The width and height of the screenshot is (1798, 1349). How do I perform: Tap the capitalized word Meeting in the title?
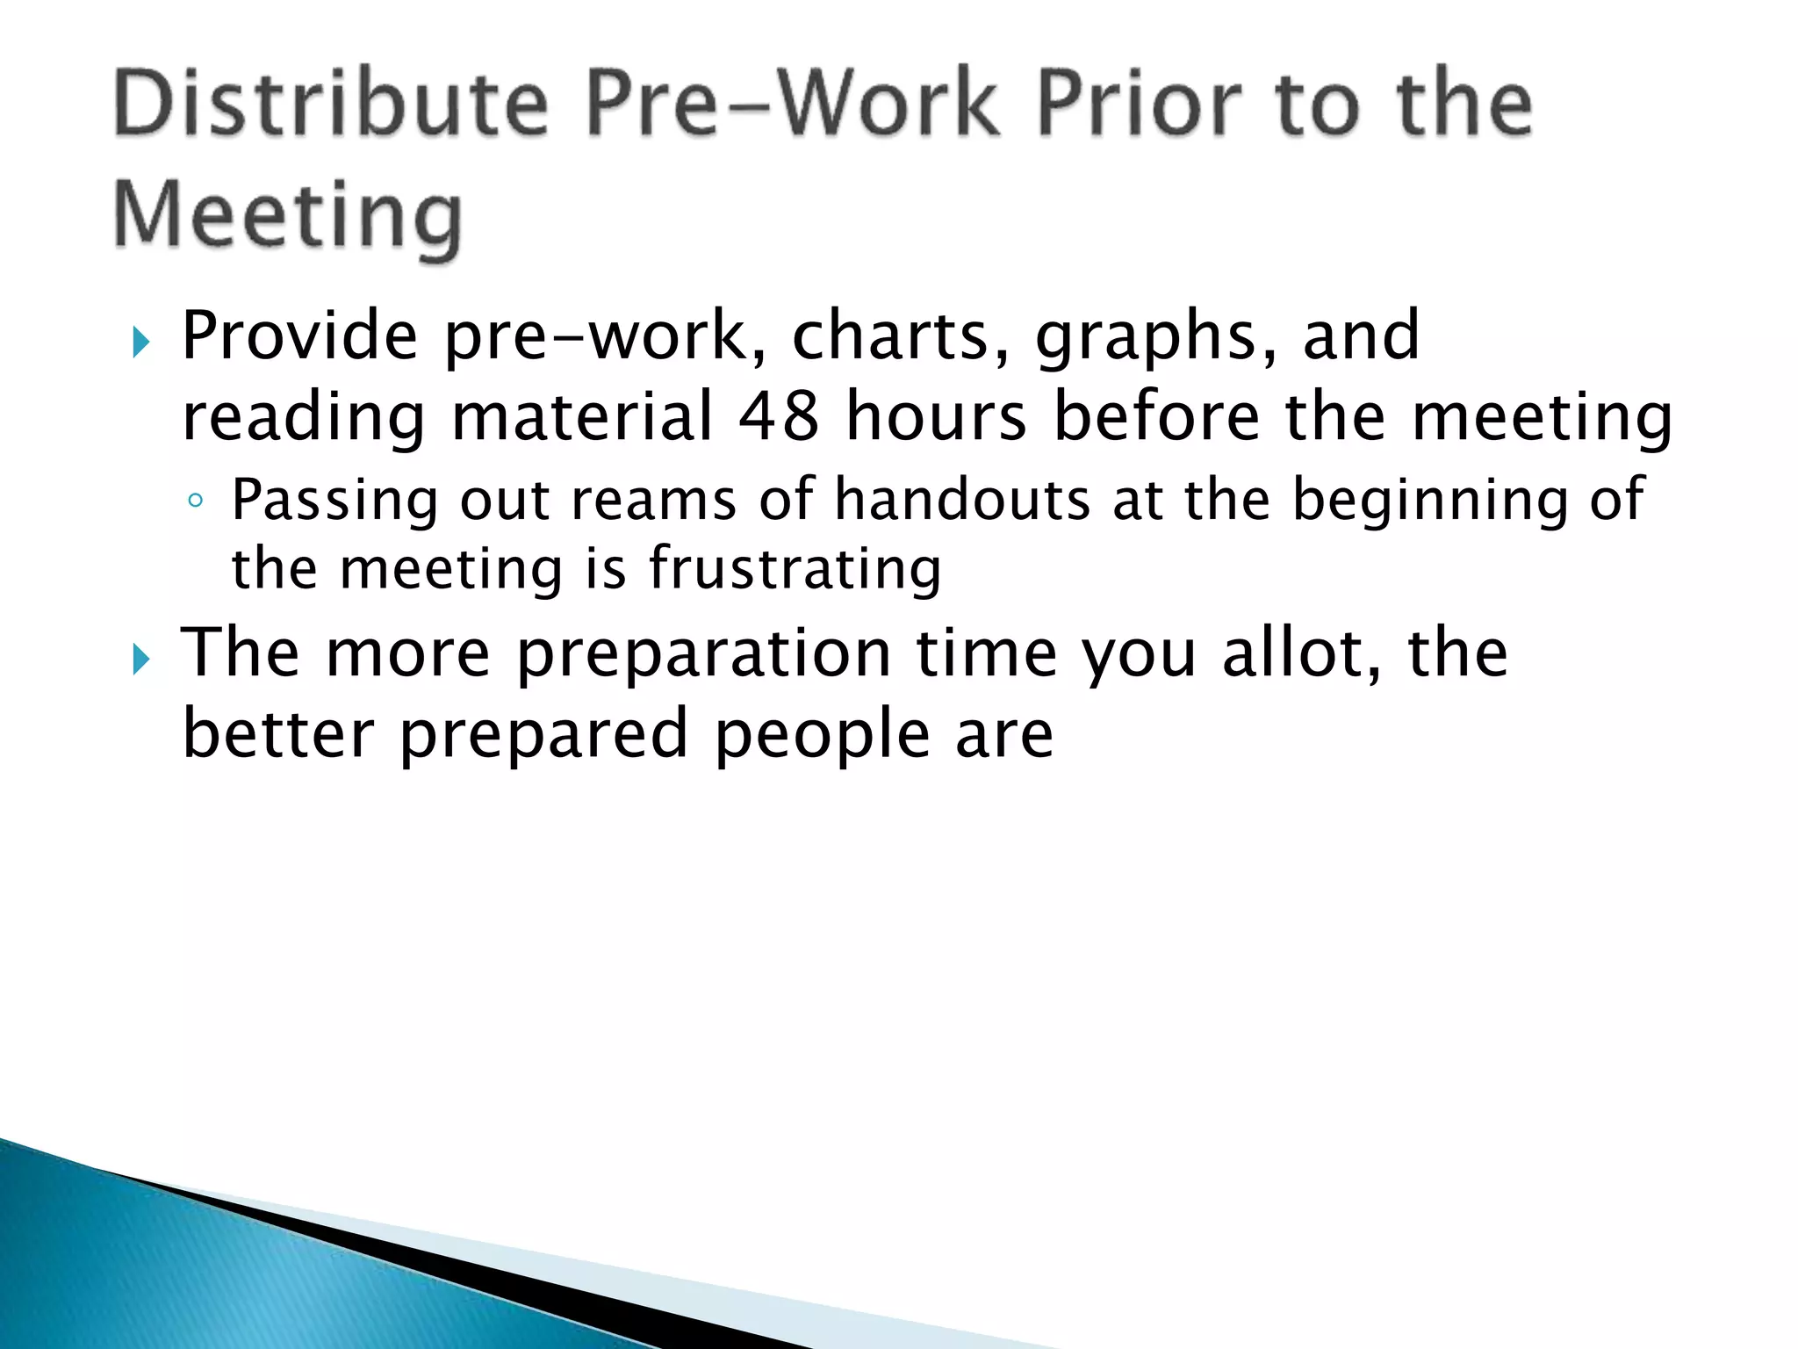(x=287, y=215)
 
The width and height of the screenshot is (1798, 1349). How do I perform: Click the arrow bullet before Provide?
(x=141, y=343)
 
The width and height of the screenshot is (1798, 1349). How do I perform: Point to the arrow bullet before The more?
(x=141, y=659)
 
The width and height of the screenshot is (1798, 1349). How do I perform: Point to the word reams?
(x=653, y=501)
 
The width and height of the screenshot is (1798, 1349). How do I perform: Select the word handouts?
(x=962, y=500)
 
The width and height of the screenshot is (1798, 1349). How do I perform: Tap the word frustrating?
(x=795, y=570)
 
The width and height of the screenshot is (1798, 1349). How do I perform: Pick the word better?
(x=277, y=733)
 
